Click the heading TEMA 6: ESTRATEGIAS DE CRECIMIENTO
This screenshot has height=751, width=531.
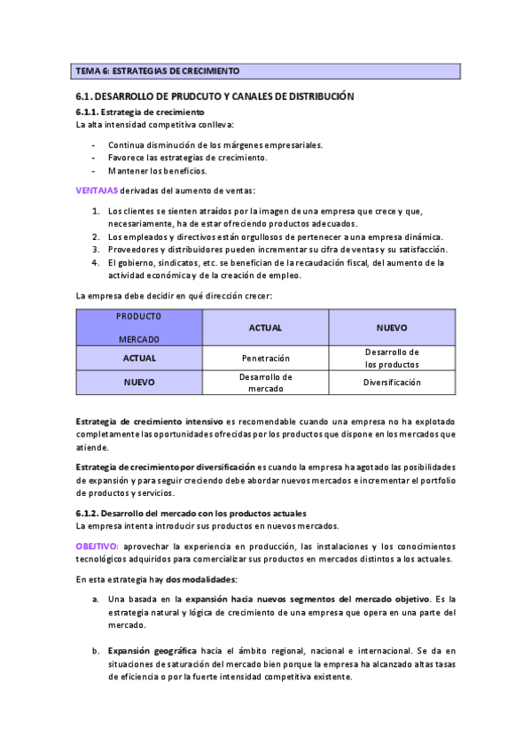tap(158, 70)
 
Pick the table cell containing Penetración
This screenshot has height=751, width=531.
tap(265, 359)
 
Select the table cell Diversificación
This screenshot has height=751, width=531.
tap(392, 383)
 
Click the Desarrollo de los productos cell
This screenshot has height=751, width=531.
tap(392, 358)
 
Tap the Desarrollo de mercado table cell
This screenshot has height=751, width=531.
tap(265, 383)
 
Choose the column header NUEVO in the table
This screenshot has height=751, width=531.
tap(392, 328)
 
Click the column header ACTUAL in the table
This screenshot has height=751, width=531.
tap(265, 328)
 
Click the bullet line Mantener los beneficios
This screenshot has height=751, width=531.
tap(157, 171)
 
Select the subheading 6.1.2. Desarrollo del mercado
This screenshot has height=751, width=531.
tap(191, 513)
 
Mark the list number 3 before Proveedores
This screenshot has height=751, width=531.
tap(96, 250)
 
